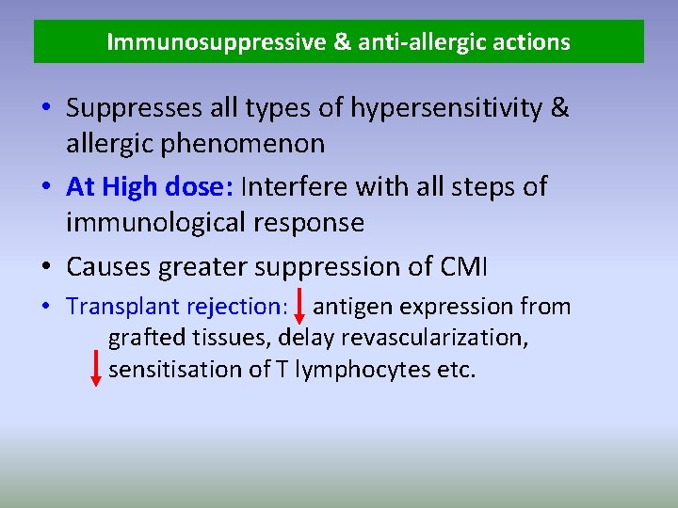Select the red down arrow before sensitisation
click(95, 368)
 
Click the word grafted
click(142, 338)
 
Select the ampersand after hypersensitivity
click(559, 108)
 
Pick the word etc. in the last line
click(457, 370)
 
